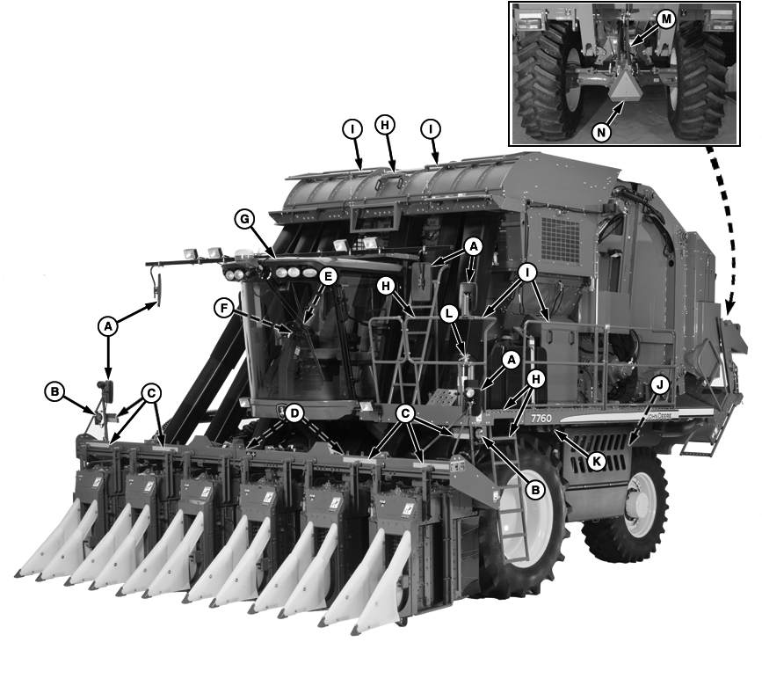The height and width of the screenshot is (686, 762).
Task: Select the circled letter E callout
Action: [x=328, y=276]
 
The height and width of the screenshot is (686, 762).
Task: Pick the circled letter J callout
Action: [x=659, y=383]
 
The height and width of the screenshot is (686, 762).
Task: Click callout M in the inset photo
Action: [x=665, y=20]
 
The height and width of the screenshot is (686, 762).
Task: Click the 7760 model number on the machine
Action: [x=542, y=419]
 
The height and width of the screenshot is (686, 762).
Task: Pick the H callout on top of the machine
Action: [x=384, y=126]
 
